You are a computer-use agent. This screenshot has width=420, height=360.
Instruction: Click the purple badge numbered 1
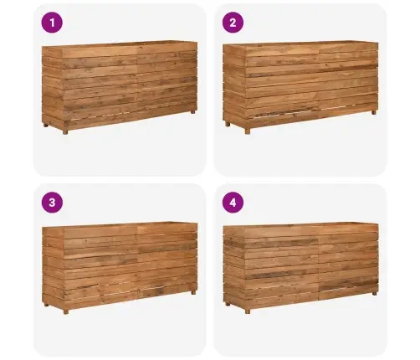52,23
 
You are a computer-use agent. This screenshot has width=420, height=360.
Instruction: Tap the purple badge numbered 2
233,23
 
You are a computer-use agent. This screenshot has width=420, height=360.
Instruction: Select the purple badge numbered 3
52,203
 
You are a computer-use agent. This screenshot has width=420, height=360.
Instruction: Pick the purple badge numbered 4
233,203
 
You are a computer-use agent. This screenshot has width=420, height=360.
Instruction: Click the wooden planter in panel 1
120,87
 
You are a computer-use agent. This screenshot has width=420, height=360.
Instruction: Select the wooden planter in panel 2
300,87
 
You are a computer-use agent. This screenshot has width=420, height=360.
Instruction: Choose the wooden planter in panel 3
120,268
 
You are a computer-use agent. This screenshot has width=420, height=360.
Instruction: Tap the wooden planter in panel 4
300,268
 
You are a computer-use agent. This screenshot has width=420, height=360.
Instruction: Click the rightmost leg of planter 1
193,111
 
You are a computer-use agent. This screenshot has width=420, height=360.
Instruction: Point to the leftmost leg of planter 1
46,125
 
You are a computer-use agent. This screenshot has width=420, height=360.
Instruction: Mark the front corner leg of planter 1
65,131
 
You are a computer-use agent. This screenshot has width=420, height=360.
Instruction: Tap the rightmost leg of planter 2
374,112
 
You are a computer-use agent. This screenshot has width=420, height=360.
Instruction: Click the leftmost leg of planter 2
228,124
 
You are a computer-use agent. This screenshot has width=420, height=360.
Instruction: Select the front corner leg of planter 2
248,131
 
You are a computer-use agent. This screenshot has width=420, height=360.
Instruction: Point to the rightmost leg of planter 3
193,293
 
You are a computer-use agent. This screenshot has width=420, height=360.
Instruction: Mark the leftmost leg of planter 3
46,305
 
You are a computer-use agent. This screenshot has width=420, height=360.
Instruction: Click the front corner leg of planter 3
65,311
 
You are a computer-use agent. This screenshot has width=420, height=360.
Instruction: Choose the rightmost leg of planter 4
375,293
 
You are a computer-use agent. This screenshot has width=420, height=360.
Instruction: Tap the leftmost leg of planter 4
228,304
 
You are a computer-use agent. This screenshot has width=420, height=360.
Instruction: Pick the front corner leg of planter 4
248,311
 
